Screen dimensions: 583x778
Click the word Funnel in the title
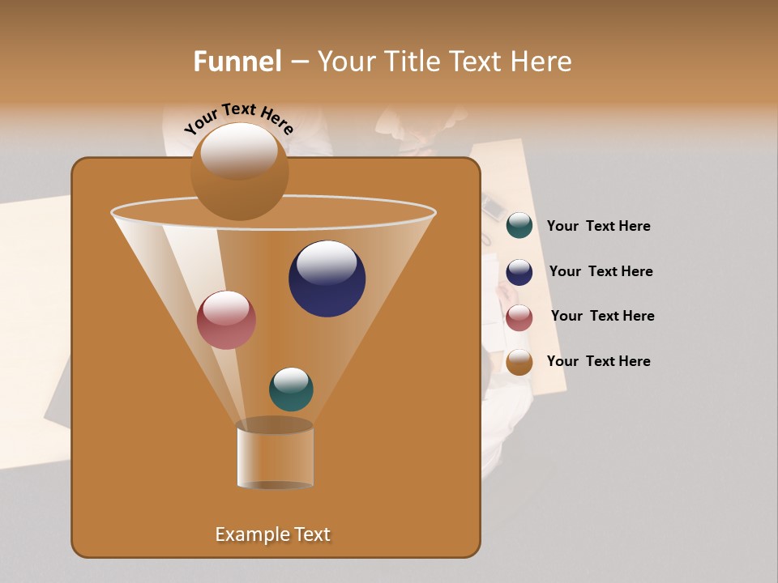[x=237, y=62]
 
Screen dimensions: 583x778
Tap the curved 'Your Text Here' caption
[x=238, y=119]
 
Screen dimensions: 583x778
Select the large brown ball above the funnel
[x=239, y=172]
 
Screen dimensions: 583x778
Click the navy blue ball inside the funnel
[x=327, y=279]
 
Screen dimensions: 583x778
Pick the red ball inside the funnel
[x=226, y=320]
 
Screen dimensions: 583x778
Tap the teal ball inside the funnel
[x=291, y=389]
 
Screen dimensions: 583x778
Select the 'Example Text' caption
[x=272, y=534]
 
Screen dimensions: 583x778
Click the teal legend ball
[x=519, y=226]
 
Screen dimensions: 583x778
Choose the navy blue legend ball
[x=519, y=272]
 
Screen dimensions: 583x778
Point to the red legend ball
[x=519, y=317]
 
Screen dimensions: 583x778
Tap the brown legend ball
[x=519, y=362]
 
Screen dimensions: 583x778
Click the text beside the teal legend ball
[x=598, y=227]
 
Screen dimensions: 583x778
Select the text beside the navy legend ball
[x=601, y=271]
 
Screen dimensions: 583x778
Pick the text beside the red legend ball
[x=602, y=316]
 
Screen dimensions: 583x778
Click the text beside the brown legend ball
[x=598, y=361]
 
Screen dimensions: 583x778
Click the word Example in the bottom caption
[x=250, y=534]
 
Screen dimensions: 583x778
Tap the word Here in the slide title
[x=541, y=62]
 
